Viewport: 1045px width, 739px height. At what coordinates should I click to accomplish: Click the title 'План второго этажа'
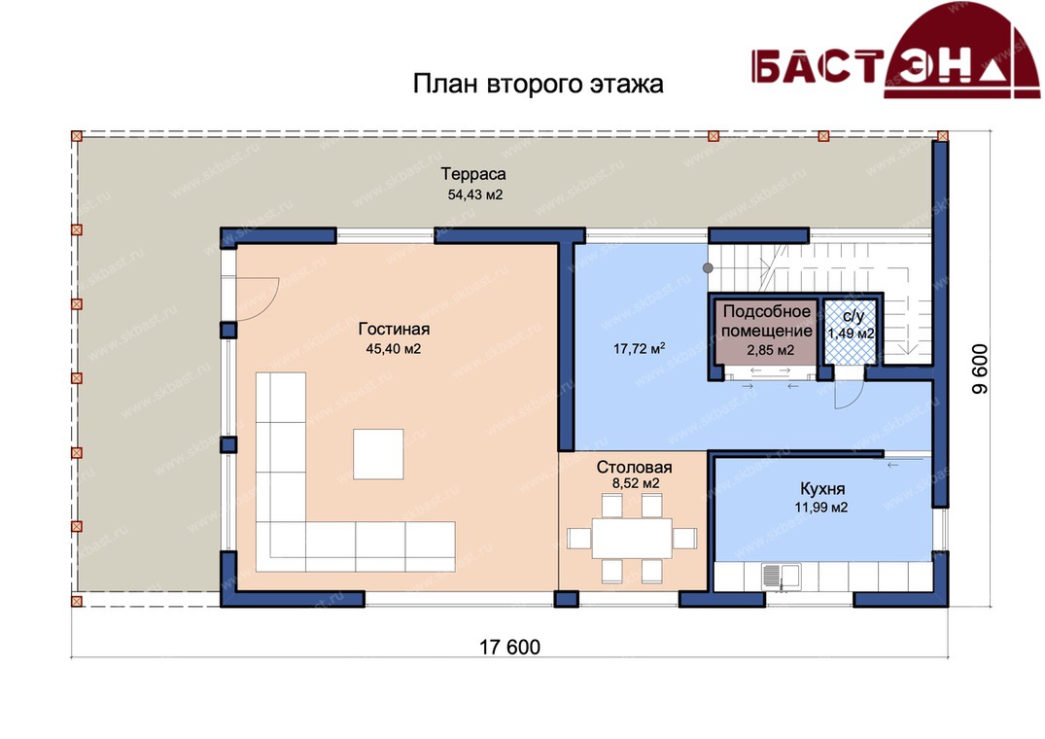538,85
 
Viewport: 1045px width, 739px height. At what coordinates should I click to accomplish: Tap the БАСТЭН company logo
895,52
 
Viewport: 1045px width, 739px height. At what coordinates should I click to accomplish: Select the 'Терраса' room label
473,174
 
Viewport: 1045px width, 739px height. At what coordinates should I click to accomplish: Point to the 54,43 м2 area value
474,195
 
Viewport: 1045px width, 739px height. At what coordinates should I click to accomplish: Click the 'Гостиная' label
394,329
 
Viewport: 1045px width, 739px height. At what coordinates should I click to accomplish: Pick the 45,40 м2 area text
393,349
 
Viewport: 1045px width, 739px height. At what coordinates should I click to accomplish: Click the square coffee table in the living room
378,454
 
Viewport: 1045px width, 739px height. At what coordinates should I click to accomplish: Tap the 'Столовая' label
634,467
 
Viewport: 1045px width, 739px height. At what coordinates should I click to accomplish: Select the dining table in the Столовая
631,538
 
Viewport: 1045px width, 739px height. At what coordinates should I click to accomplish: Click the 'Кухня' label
822,489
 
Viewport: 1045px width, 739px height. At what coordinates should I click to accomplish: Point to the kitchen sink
782,577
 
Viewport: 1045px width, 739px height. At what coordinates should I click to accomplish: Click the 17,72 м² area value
639,348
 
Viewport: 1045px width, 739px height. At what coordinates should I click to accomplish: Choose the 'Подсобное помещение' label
767,321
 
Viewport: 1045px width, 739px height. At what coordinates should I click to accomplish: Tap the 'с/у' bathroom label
853,317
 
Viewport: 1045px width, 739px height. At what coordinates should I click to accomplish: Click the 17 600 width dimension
509,647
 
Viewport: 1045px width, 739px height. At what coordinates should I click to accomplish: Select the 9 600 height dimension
980,369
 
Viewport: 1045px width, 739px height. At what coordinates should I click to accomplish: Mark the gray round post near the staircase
708,267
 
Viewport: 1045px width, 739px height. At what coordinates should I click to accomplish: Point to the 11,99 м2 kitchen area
821,508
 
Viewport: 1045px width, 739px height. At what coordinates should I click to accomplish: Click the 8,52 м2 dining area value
635,484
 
